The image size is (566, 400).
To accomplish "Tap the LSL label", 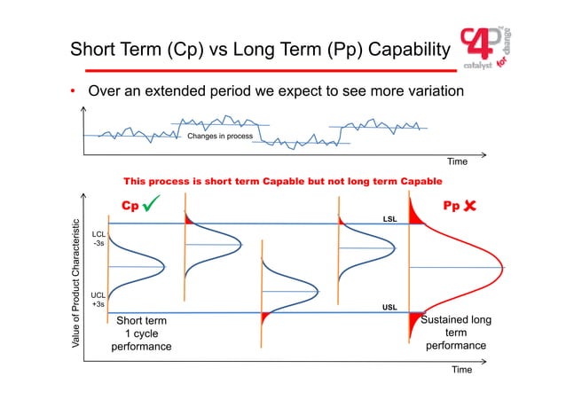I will tap(389, 217).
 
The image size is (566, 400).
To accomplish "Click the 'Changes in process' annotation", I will tap(219, 136).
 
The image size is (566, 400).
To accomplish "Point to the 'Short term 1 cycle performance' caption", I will tap(136, 333).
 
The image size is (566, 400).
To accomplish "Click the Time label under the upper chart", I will tap(456, 161).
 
